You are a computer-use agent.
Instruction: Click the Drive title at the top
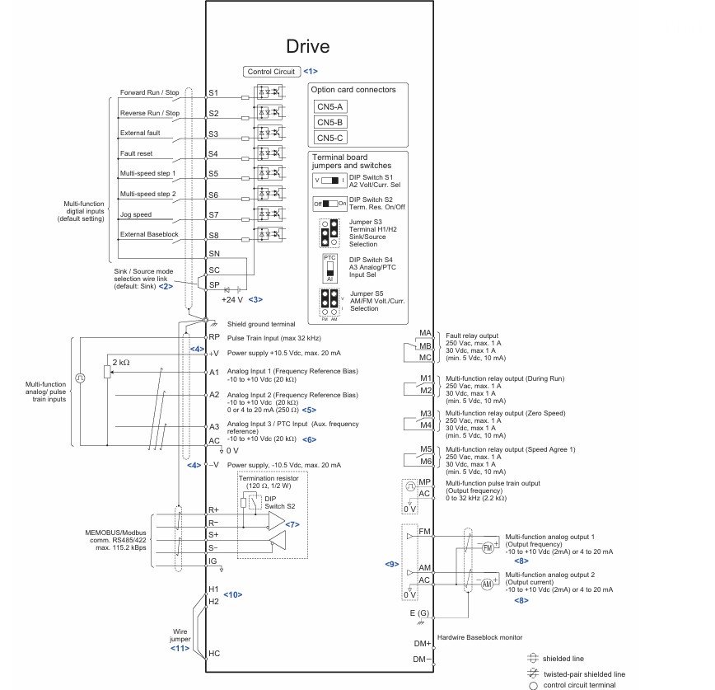click(x=308, y=46)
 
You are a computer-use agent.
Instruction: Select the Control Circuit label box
click(x=271, y=72)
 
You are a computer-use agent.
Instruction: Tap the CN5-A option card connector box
click(x=329, y=107)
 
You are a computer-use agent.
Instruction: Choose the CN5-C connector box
click(x=329, y=138)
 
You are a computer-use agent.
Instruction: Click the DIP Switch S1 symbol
click(x=329, y=181)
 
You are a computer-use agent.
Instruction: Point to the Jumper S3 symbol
click(x=329, y=232)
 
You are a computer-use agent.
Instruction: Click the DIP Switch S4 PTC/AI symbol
click(x=329, y=269)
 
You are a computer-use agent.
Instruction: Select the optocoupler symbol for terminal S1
click(x=269, y=92)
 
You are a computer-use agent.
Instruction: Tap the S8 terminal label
click(x=213, y=236)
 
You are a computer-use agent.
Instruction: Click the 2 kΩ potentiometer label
click(x=121, y=363)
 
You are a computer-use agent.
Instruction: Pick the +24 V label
click(x=232, y=300)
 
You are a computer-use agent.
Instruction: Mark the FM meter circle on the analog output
click(x=488, y=547)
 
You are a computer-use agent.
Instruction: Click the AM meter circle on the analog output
click(x=487, y=584)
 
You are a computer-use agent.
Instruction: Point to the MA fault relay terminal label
click(x=425, y=333)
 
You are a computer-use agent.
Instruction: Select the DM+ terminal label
click(x=423, y=644)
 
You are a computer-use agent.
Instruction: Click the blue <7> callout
click(x=292, y=525)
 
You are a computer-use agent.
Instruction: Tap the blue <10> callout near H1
click(x=232, y=594)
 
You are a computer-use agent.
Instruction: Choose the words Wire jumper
click(x=180, y=636)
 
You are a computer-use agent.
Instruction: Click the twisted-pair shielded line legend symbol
click(x=533, y=674)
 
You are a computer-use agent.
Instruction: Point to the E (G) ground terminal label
click(x=419, y=613)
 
